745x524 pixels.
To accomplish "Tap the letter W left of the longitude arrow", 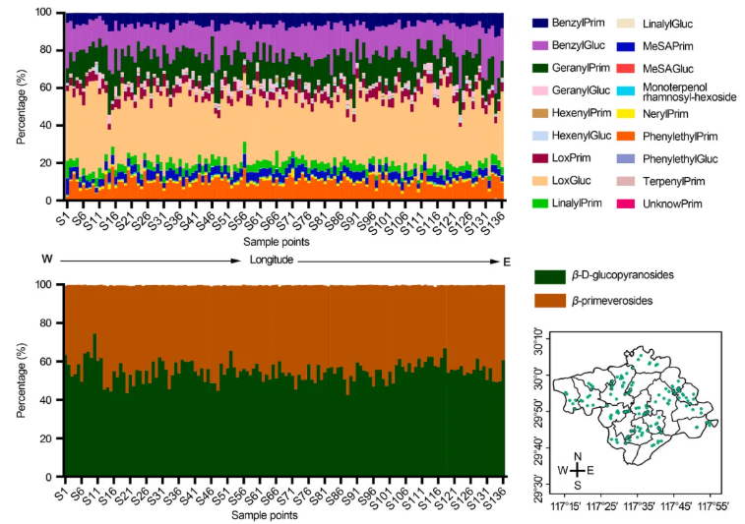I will click(x=43, y=260).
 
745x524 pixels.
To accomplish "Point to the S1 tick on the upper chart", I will click(x=66, y=211).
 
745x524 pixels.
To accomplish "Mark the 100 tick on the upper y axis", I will click(x=45, y=13).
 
